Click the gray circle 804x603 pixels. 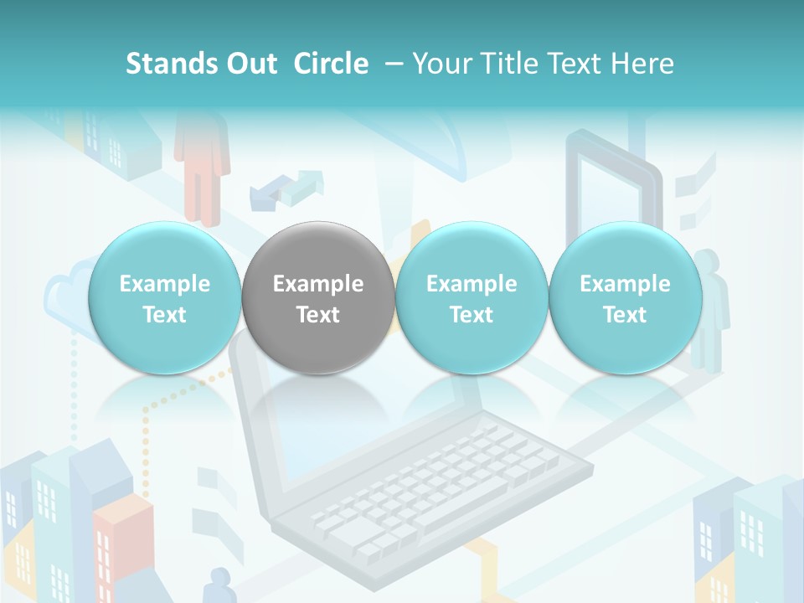(318, 297)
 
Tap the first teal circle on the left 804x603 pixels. (164, 297)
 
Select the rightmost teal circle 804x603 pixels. (625, 297)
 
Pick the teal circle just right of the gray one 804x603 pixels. (472, 297)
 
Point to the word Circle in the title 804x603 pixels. (331, 64)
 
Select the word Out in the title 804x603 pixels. (253, 64)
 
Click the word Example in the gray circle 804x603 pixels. (318, 284)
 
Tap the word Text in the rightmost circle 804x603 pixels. (625, 315)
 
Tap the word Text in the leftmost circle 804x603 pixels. (164, 315)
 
